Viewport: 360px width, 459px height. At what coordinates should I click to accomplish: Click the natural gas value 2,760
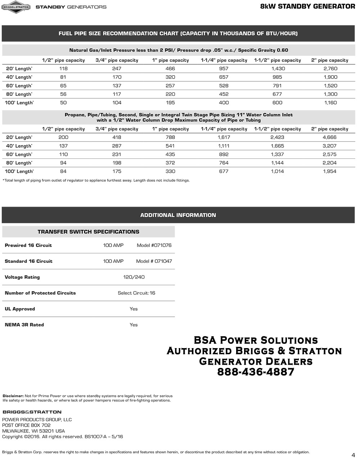(330, 68)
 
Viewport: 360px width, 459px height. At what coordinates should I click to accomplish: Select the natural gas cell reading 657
(224, 77)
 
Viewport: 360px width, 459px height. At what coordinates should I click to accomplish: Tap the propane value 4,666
(330, 137)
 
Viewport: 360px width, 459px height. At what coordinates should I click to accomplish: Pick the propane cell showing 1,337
(277, 154)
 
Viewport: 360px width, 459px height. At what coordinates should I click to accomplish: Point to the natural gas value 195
(170, 103)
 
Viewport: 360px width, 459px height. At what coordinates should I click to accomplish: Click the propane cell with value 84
(63, 171)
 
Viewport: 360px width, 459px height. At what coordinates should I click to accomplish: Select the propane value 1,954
(330, 171)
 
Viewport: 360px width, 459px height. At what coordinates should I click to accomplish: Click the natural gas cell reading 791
(277, 86)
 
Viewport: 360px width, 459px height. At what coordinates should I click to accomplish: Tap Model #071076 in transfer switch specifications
(154, 246)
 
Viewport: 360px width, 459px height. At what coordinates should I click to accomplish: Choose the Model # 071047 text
(154, 261)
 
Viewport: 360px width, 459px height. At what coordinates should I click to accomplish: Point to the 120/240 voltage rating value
(134, 277)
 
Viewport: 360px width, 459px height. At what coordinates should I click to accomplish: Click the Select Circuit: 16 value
(136, 293)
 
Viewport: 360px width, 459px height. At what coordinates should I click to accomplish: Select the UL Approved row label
(20, 309)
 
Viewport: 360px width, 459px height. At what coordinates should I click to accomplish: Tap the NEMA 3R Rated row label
(24, 325)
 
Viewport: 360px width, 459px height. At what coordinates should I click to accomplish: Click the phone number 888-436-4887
(256, 372)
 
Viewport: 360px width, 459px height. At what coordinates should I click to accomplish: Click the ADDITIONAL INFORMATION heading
(178, 215)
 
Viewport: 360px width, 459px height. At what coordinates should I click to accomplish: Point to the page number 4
(353, 454)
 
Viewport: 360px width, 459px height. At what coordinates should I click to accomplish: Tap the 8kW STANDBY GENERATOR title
(307, 6)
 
